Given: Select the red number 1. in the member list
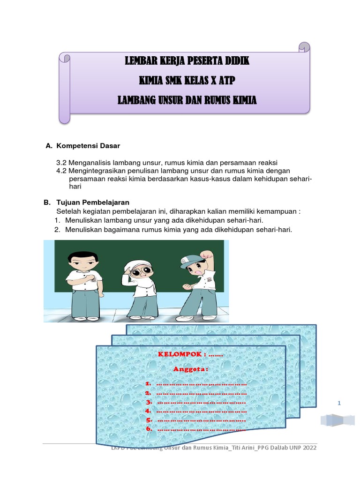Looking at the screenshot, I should pyautogui.click(x=149, y=384).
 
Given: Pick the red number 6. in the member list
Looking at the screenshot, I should pyautogui.click(x=149, y=428).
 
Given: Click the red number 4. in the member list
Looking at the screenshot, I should pyautogui.click(x=149, y=411).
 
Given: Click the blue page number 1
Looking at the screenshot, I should pyautogui.click(x=339, y=403).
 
